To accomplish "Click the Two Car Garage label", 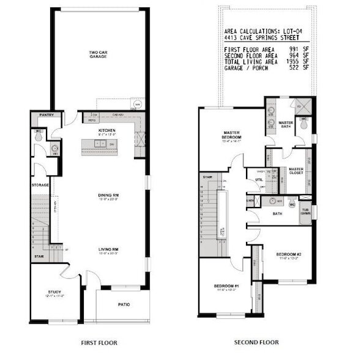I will (x=99, y=54).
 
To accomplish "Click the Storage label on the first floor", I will (x=40, y=184).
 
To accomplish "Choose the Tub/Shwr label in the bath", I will (x=304, y=212).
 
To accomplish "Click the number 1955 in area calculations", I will (x=291, y=62).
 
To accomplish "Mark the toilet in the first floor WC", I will (x=39, y=138).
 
